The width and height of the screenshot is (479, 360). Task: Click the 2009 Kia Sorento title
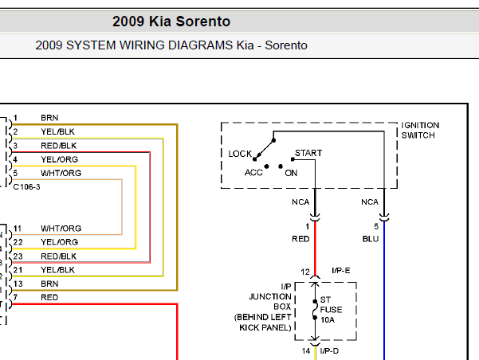coord(171,22)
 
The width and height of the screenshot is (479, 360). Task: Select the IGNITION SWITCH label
coord(420,131)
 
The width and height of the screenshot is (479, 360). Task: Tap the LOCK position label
coord(240,154)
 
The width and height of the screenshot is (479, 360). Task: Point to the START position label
coord(308,153)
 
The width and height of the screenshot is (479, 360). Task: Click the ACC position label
coord(253,173)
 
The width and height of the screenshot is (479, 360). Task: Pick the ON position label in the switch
coord(291,173)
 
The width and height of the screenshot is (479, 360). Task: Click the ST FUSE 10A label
coord(331,310)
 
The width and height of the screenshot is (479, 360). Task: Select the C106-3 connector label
coord(26,187)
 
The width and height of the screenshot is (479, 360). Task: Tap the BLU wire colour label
coord(371,239)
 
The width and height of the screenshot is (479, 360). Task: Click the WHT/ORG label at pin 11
coord(61,229)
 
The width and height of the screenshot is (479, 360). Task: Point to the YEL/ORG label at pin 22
coord(60,242)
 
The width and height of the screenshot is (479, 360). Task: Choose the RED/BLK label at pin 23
coord(59,256)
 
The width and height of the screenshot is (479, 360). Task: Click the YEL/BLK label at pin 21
coord(57,270)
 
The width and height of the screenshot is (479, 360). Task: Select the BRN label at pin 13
coord(49,284)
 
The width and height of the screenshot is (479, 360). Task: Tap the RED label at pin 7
coord(49,297)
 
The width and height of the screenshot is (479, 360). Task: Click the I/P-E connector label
coord(341,271)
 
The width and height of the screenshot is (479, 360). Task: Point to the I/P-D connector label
coord(329,351)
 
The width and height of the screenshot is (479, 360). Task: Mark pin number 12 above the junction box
coord(305,272)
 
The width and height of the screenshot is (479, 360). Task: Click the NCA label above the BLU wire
coord(370,202)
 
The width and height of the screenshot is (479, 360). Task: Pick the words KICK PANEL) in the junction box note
coord(265,327)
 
